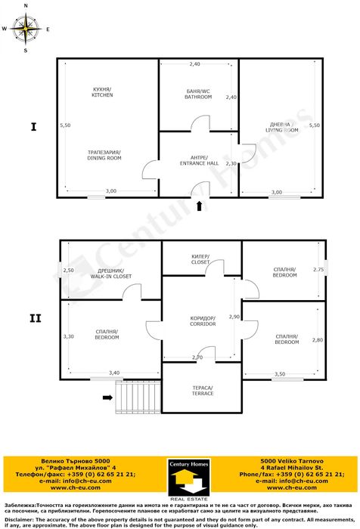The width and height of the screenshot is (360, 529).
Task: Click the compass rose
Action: [x=26, y=29]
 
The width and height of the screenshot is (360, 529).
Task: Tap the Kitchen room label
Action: [x=102, y=92]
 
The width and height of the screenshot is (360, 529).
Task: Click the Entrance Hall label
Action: [x=199, y=160]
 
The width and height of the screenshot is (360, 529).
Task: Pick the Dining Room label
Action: [x=104, y=156]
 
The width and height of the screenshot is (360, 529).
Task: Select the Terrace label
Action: [x=202, y=390]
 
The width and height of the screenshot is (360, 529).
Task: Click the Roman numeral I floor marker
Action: [x=33, y=126]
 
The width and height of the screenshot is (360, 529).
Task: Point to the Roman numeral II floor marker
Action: [x=34, y=319]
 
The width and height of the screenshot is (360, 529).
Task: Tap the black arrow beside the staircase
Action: [x=107, y=394]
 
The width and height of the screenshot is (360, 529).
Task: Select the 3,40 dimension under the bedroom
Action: [x=114, y=373]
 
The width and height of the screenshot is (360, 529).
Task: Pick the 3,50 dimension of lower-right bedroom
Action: [x=280, y=374]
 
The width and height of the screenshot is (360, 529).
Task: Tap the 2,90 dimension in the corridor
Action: [x=234, y=317]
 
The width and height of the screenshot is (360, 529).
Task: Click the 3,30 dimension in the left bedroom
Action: [x=68, y=336]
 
